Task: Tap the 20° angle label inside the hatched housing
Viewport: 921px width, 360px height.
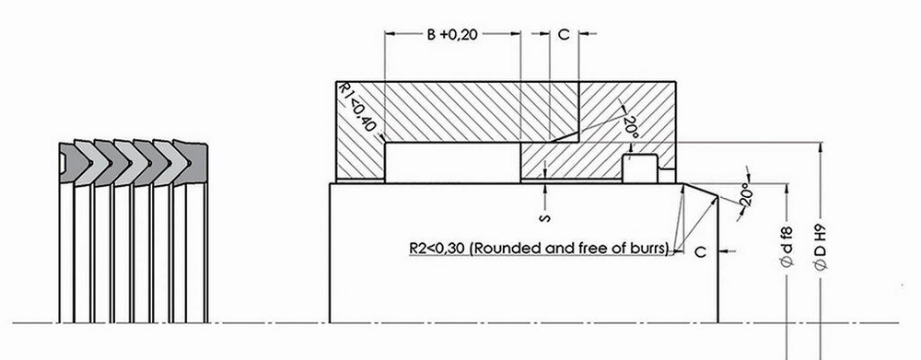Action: coord(630,127)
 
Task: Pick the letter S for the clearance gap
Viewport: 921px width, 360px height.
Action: coord(546,218)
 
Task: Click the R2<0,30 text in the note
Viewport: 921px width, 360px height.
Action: coord(437,248)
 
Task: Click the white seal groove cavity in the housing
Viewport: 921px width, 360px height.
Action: coord(451,162)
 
